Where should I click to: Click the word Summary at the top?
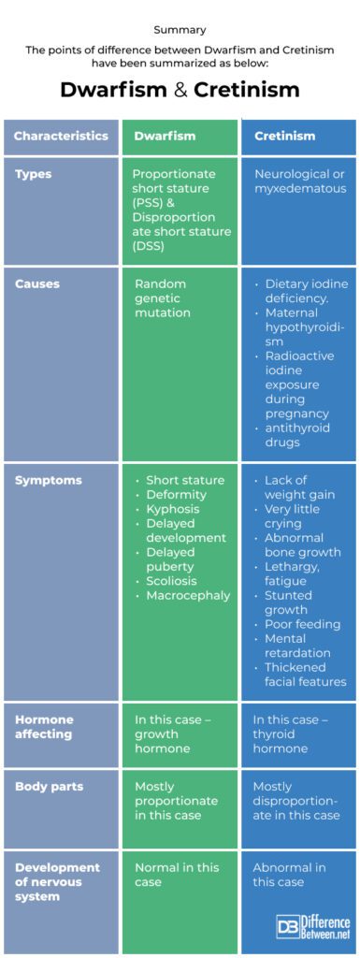180,29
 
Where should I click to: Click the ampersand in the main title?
180,90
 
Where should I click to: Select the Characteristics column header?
61,136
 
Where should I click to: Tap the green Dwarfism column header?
165,136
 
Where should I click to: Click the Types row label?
33,175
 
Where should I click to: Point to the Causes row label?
36,284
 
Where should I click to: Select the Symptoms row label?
48,481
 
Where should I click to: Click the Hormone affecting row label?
44,727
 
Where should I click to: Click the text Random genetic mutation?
163,298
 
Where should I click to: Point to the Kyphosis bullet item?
173,509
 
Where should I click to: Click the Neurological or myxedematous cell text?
300,181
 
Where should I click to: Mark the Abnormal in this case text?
289,875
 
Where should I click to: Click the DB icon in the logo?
285,924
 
